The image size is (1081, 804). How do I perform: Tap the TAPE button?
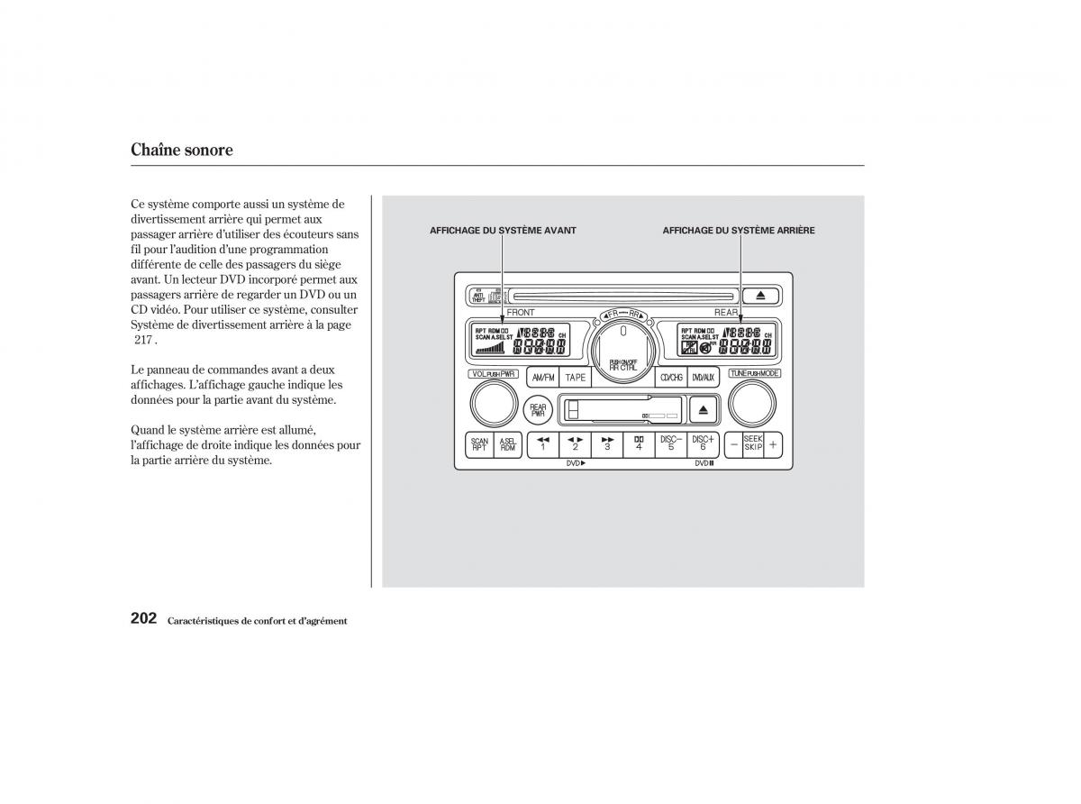pos(576,378)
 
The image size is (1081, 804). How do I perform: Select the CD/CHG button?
pos(671,378)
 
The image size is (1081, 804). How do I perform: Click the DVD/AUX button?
pos(703,378)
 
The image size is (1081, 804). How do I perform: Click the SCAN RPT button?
pos(479,444)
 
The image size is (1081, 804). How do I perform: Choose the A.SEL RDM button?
pos(508,444)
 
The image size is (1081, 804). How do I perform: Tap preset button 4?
pos(638,444)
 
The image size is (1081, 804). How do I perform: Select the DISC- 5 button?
pos(670,444)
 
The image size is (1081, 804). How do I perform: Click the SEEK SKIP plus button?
pos(773,444)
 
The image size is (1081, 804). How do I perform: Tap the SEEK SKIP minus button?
pos(734,444)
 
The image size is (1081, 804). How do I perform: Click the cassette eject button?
pos(703,410)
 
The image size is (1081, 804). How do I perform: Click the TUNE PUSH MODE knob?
pos(752,404)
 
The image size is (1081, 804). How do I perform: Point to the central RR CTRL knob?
pos(622,345)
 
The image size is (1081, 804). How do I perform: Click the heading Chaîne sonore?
pos(182,151)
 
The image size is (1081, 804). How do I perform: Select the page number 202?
pos(144,618)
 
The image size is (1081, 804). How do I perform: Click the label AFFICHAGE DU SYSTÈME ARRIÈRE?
pos(739,231)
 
